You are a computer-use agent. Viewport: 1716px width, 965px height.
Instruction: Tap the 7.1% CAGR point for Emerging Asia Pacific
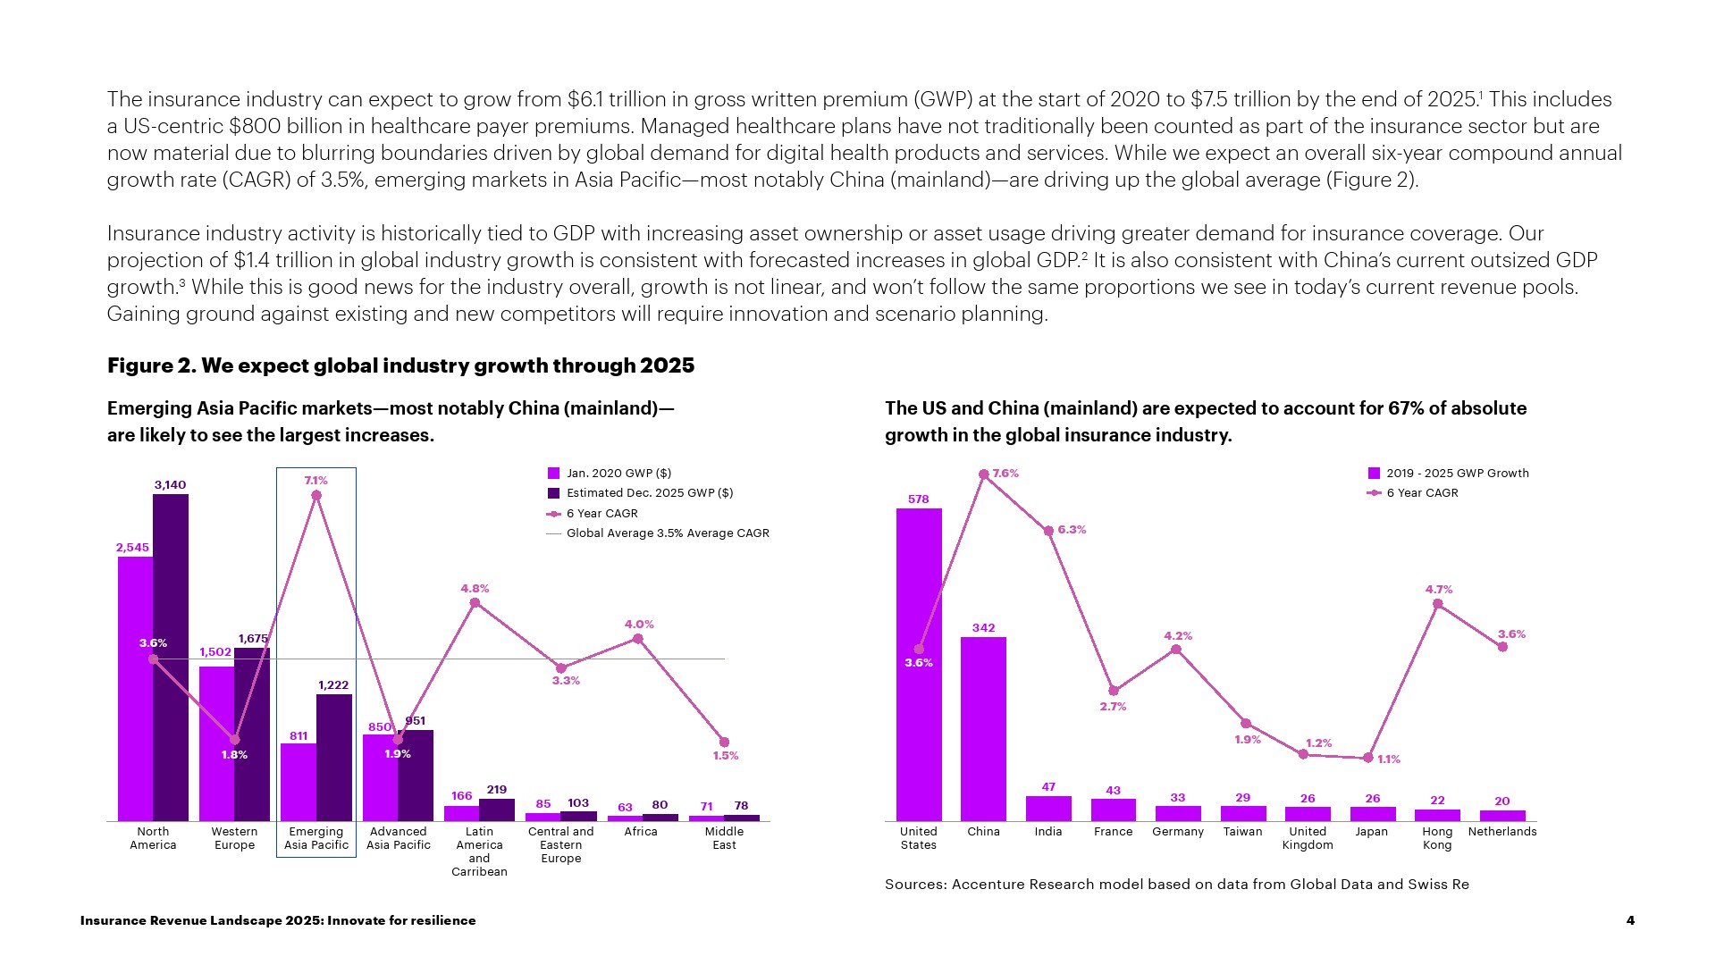(x=316, y=495)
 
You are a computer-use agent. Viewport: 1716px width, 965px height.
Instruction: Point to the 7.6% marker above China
(x=984, y=474)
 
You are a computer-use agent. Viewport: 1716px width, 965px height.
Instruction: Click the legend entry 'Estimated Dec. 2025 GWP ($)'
(x=649, y=493)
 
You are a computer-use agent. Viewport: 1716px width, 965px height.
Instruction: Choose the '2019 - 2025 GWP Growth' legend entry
(x=1457, y=474)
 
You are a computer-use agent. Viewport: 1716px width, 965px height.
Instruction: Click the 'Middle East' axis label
(x=724, y=838)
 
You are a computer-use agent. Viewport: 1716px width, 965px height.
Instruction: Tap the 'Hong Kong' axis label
(x=1437, y=838)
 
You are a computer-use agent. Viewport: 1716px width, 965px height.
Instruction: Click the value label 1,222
(x=333, y=685)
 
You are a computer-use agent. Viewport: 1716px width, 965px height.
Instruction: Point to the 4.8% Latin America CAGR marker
(x=475, y=603)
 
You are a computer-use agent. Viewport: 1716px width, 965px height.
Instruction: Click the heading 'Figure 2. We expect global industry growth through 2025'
(x=400, y=365)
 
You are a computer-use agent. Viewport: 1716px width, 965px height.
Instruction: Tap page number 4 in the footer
(x=1630, y=920)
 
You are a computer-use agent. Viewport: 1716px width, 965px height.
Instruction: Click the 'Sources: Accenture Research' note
(x=1176, y=885)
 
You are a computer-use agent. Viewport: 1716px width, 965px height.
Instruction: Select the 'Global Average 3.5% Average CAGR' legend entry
(x=667, y=533)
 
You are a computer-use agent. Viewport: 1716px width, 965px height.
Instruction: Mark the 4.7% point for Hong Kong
(x=1437, y=604)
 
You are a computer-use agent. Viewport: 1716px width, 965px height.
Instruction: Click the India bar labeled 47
(x=1048, y=808)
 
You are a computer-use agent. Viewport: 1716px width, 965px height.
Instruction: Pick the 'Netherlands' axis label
(x=1501, y=832)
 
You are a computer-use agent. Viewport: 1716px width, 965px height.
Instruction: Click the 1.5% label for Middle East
(x=725, y=756)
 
